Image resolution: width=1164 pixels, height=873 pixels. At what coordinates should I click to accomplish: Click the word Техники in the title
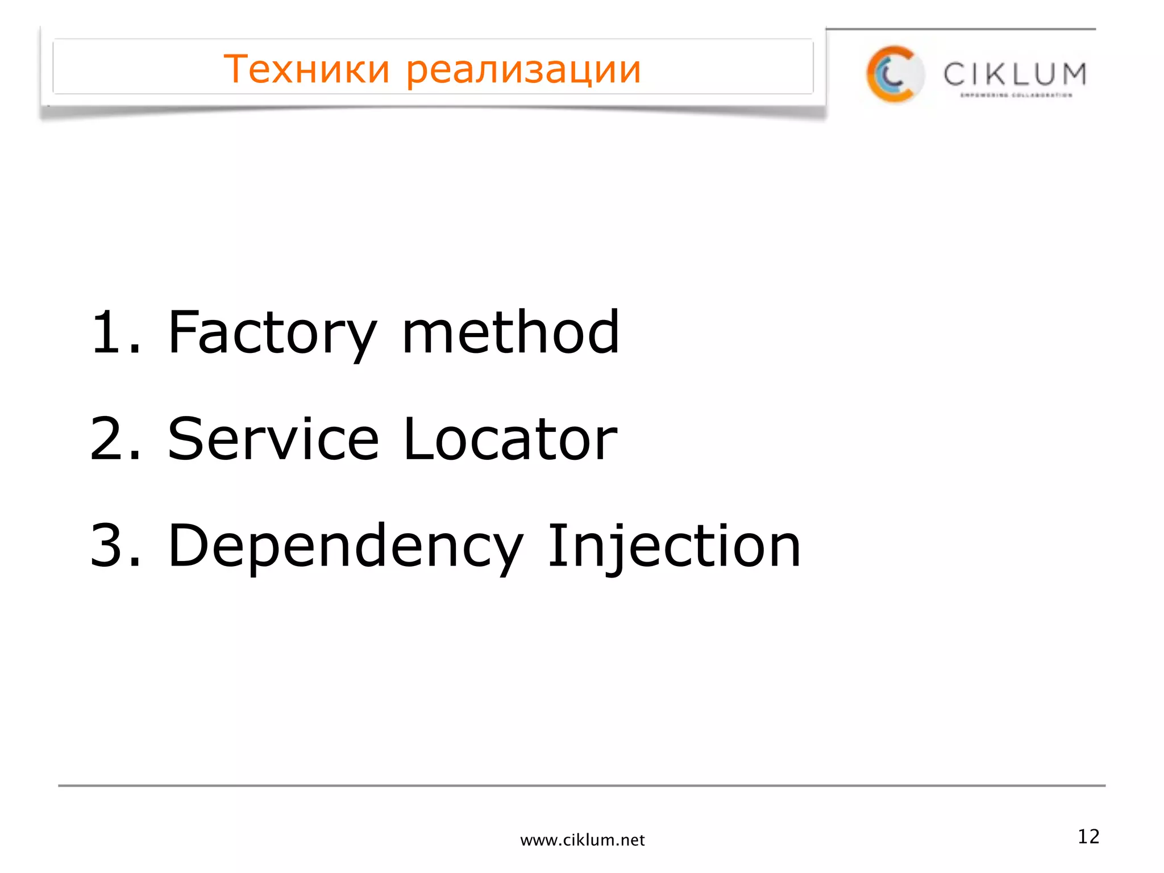(306, 69)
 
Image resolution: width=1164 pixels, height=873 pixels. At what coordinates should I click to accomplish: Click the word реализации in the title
(523, 70)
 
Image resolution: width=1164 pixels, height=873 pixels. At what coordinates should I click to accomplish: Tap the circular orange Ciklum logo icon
(894, 74)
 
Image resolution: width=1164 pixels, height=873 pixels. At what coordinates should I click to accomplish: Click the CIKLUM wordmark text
(1015, 74)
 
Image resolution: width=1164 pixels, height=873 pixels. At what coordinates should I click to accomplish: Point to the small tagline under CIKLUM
(1016, 95)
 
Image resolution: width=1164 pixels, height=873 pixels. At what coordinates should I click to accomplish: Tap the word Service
(273, 439)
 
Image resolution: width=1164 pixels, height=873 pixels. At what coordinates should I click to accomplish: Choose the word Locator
(510, 439)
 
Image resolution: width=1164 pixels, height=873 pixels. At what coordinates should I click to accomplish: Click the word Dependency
(345, 547)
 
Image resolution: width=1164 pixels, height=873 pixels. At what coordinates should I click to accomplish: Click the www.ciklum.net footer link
(582, 840)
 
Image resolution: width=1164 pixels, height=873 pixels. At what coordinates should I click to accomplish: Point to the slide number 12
(1088, 837)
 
